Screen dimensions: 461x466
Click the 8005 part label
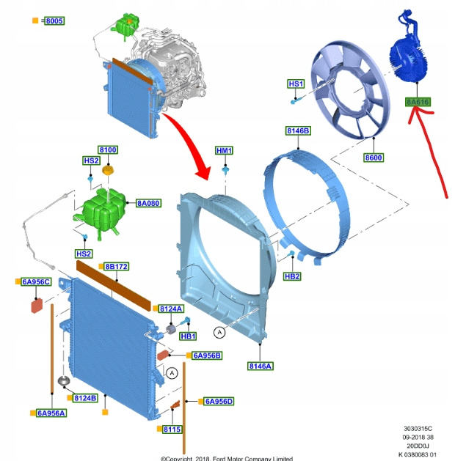(54, 21)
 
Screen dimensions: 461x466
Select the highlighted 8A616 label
(418, 102)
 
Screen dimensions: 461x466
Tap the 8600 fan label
(374, 158)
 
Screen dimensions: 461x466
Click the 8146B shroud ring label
(298, 131)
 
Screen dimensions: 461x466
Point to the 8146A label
(260, 366)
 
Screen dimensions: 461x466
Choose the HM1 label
(224, 151)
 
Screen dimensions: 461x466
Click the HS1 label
(296, 84)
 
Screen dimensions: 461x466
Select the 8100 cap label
(108, 150)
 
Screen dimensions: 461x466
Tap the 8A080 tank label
(148, 202)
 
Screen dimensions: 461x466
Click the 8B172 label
(116, 267)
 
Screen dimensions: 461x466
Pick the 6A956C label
(36, 282)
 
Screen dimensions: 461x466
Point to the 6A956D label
(219, 401)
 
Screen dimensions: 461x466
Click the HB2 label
(292, 276)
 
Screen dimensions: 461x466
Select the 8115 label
(172, 429)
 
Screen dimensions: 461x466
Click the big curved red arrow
(192, 140)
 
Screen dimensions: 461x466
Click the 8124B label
(85, 398)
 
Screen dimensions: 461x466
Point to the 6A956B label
(207, 355)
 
